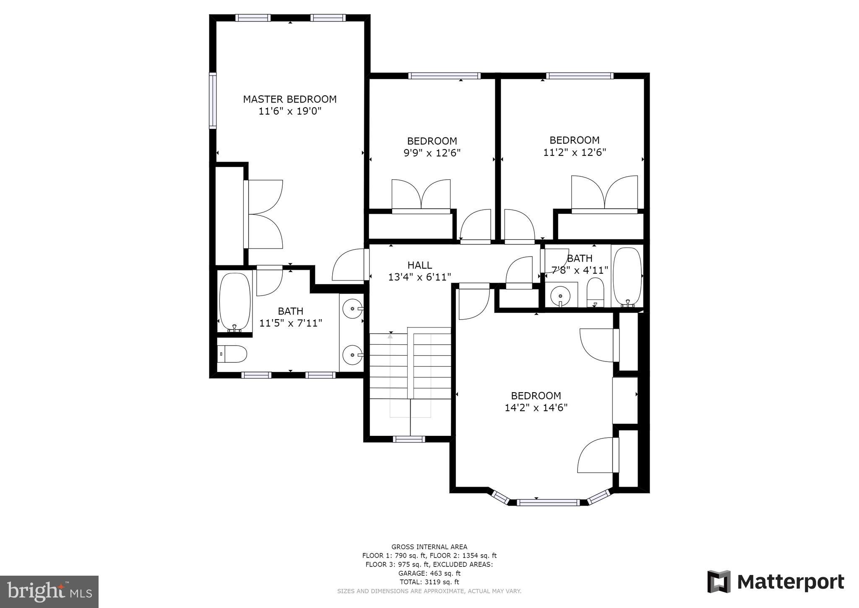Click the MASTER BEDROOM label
point(290,100)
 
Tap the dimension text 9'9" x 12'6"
point(432,153)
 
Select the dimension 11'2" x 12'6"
point(575,152)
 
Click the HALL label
point(419,265)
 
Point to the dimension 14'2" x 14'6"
point(536,408)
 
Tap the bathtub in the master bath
point(235,301)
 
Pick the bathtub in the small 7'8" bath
point(627,276)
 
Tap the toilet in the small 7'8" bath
point(595,292)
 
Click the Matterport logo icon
point(719,582)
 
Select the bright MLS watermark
point(49,592)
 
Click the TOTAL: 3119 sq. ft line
point(429,582)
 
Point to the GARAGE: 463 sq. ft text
point(429,573)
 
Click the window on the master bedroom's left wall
point(213,101)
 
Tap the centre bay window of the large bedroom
point(548,502)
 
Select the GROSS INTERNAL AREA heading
point(429,547)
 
